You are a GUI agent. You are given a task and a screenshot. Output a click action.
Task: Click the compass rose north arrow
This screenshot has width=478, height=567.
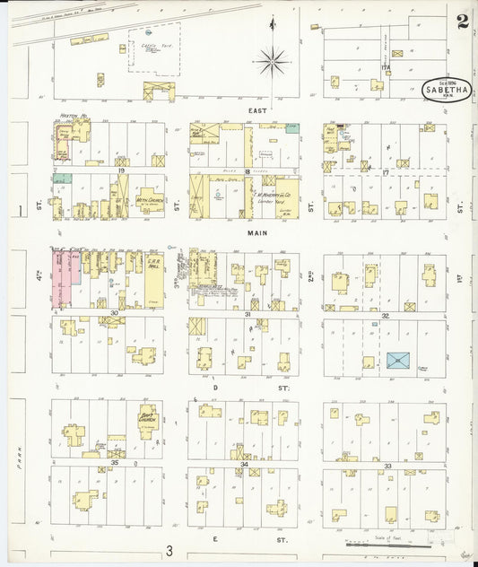click(x=272, y=61)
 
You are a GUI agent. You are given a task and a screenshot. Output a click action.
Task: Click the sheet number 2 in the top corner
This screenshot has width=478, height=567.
click(x=461, y=22)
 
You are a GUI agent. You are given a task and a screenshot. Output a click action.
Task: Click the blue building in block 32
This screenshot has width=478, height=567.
click(x=398, y=361)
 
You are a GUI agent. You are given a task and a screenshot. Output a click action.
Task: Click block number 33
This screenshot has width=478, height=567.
click(x=387, y=466)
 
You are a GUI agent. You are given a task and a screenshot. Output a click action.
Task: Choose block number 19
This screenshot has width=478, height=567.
click(x=120, y=170)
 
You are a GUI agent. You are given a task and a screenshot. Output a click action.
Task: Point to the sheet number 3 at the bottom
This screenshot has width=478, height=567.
click(x=169, y=550)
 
